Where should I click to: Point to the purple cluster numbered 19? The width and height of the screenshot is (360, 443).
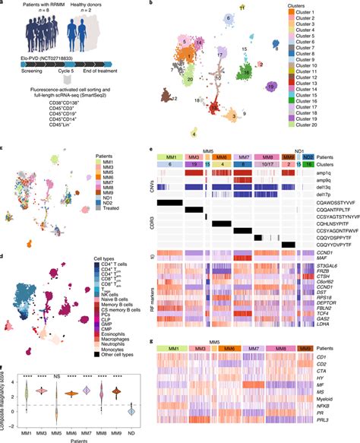point(271,86)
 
